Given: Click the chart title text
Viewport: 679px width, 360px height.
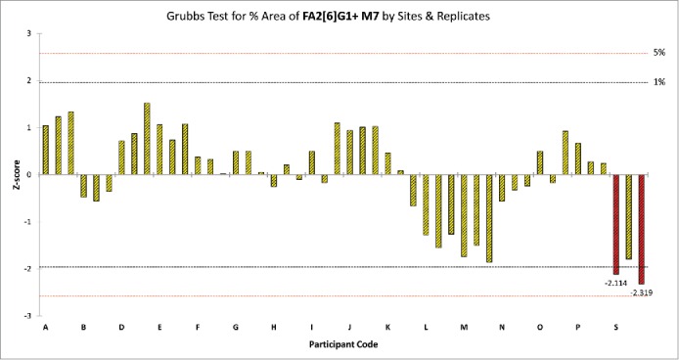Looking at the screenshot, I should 339,16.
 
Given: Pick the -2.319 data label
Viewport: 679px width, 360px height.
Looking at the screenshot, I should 642,292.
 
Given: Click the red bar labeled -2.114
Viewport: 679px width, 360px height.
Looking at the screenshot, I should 615,224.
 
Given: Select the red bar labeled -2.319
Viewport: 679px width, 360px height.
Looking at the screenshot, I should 641,229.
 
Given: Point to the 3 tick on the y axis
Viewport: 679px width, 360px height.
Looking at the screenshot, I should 28,34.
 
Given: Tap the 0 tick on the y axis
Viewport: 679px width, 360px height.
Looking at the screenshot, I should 28,175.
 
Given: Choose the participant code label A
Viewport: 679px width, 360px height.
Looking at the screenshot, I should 45,328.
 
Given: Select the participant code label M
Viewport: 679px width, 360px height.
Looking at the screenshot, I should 464,328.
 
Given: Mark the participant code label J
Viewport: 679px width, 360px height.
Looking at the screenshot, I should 349,328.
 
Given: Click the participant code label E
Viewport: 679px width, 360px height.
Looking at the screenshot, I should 159,328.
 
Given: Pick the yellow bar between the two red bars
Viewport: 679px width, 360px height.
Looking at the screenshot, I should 628,216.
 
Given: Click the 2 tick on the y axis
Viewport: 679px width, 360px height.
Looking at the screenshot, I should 28,81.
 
